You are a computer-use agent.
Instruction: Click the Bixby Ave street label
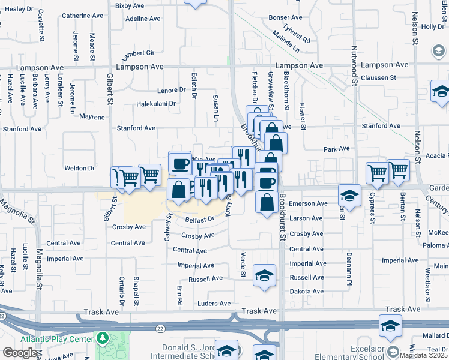[x=131, y=5]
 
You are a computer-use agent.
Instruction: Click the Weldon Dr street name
[x=84, y=168]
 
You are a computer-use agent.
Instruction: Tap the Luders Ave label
[x=214, y=304]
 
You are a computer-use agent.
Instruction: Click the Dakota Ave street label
[x=306, y=292]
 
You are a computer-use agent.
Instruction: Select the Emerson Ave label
[x=308, y=203]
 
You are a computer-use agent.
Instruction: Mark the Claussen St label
[x=378, y=77]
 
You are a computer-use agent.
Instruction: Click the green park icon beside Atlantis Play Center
[x=103, y=338]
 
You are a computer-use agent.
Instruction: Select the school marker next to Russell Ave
[x=262, y=275]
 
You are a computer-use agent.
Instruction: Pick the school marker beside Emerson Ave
[x=349, y=195]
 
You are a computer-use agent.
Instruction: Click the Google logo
[x=20, y=353]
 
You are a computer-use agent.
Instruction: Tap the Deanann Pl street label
[x=349, y=265]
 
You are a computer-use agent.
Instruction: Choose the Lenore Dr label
[x=172, y=90]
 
